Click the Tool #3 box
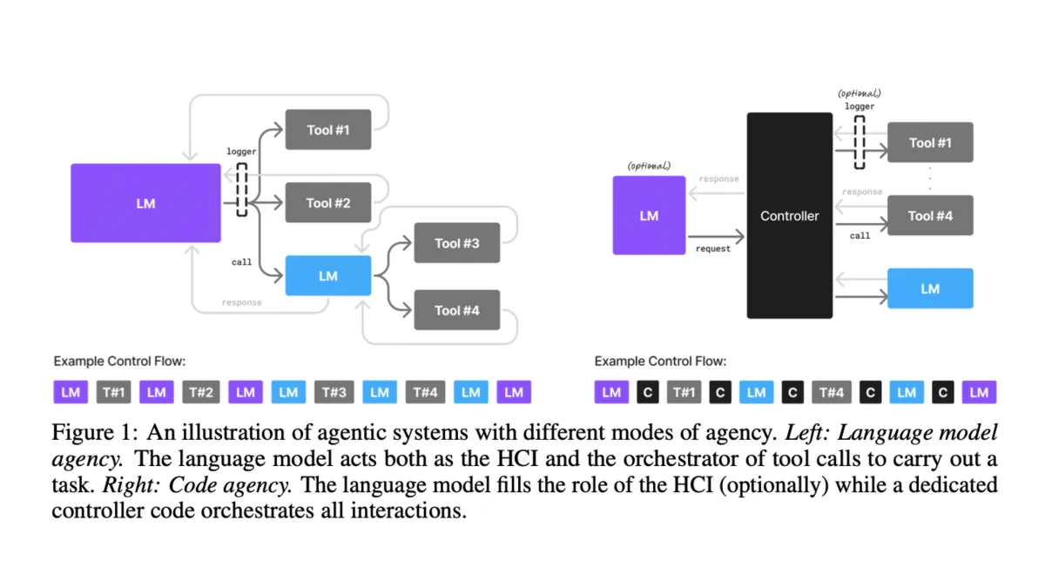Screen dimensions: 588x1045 click(456, 243)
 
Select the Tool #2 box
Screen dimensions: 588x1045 click(328, 203)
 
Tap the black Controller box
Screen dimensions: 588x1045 click(789, 215)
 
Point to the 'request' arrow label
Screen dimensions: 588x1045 click(712, 249)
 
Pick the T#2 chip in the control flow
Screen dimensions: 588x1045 click(200, 393)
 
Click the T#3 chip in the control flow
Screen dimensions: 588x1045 click(334, 393)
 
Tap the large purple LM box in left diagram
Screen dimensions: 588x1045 click(145, 203)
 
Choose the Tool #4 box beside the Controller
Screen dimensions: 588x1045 click(930, 215)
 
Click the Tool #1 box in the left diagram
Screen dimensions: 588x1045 click(328, 130)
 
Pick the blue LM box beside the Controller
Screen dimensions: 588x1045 click(930, 288)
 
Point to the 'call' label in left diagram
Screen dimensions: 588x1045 click(241, 261)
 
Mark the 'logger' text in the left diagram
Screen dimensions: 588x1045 click(241, 152)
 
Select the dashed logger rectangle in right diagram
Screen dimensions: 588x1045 click(860, 143)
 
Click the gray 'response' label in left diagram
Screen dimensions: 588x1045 click(241, 303)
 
